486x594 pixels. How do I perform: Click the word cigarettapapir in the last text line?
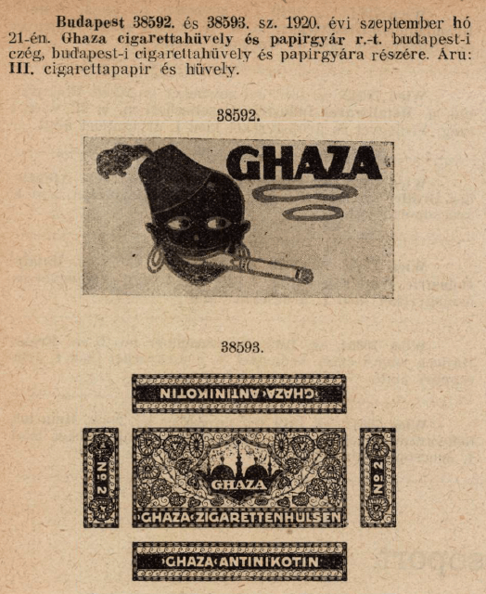pos(121,70)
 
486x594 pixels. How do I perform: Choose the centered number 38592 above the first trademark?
pos(238,116)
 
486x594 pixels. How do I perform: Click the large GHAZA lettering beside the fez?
pos(303,163)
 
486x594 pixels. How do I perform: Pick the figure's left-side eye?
pos(182,224)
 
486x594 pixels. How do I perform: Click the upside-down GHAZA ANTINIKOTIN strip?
pos(238,394)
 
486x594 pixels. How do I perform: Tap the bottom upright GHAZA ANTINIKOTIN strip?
pos(239,562)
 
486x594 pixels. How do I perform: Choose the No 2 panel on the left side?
pos(100,477)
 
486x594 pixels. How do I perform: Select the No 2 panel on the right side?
pos(377,477)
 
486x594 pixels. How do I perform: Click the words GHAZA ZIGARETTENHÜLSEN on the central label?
pos(238,517)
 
